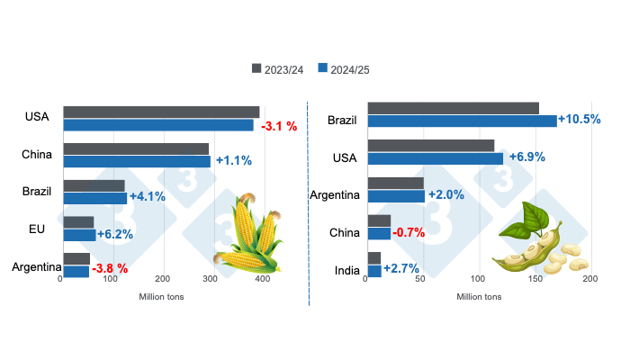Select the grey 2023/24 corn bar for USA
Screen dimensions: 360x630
coord(161,112)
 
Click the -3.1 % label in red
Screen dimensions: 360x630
coord(279,126)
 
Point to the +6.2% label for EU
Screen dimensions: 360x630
coord(116,234)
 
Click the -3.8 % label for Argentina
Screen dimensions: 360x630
coord(110,268)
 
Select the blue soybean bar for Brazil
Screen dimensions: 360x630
coord(462,121)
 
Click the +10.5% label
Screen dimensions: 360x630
coord(580,120)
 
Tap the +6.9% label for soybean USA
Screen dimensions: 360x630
coord(527,157)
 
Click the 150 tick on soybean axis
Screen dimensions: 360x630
coord(534,279)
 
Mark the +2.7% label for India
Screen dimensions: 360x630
coord(401,269)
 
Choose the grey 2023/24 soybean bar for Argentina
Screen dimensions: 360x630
coord(396,183)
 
